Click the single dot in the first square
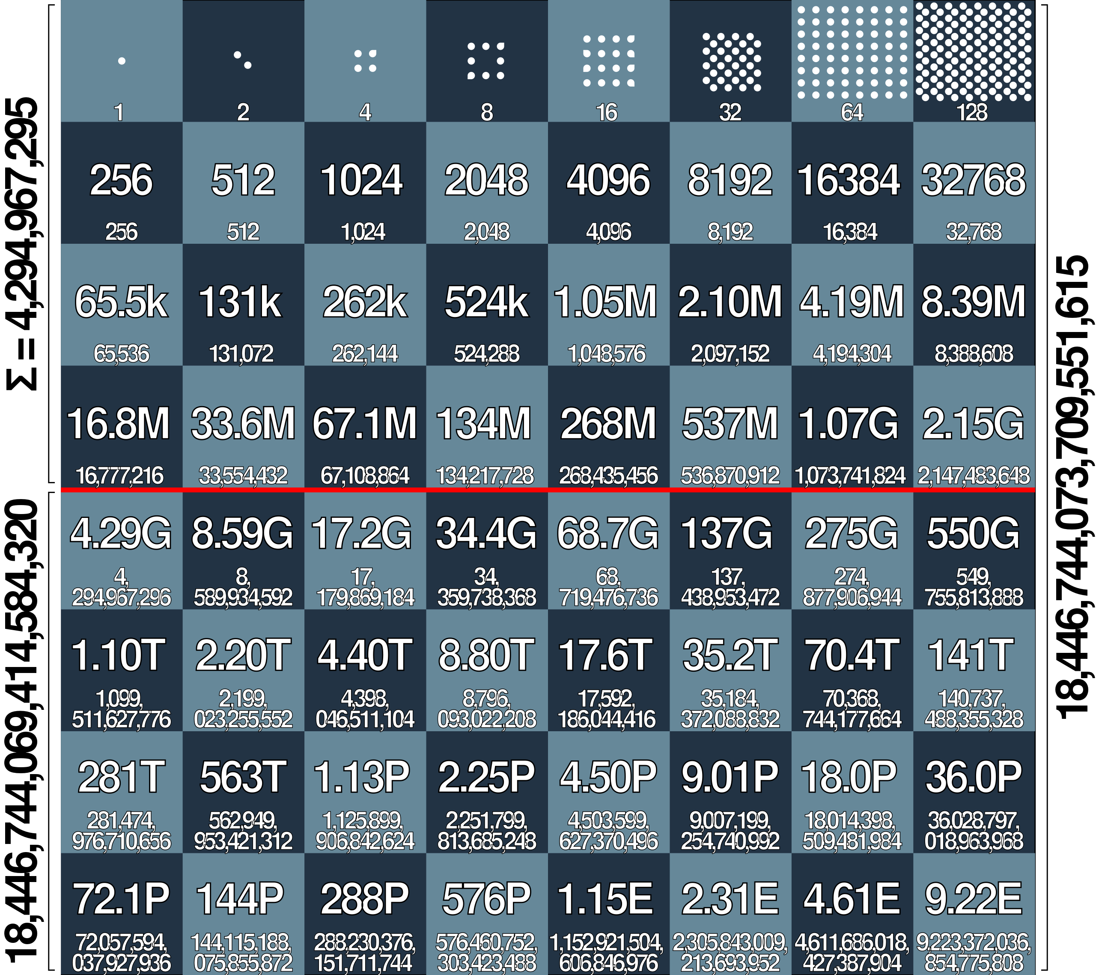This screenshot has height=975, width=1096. (122, 61)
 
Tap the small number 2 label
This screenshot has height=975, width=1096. (243, 112)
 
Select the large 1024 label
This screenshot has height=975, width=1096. (361, 180)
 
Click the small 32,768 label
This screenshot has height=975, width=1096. (973, 232)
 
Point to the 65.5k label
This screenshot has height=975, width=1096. (121, 302)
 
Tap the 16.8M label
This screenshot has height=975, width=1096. (119, 424)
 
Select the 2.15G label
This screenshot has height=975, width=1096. (973, 424)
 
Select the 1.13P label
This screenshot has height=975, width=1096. (361, 778)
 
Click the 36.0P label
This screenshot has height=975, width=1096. (973, 778)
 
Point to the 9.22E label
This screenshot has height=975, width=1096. (973, 899)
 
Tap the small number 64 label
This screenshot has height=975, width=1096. (852, 112)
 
